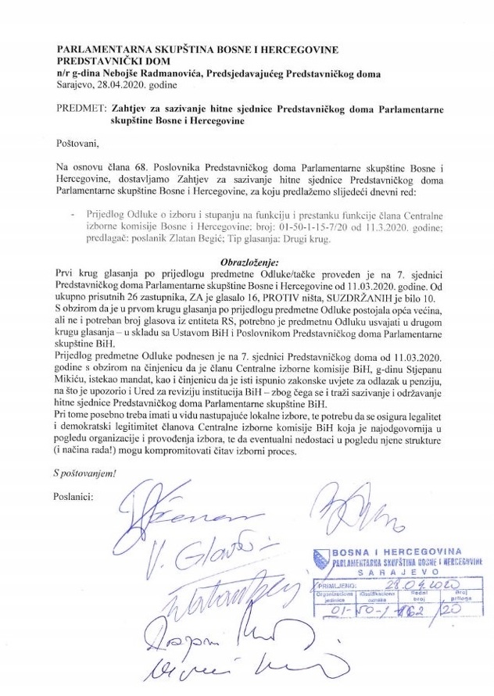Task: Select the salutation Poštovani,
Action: coord(78,144)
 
